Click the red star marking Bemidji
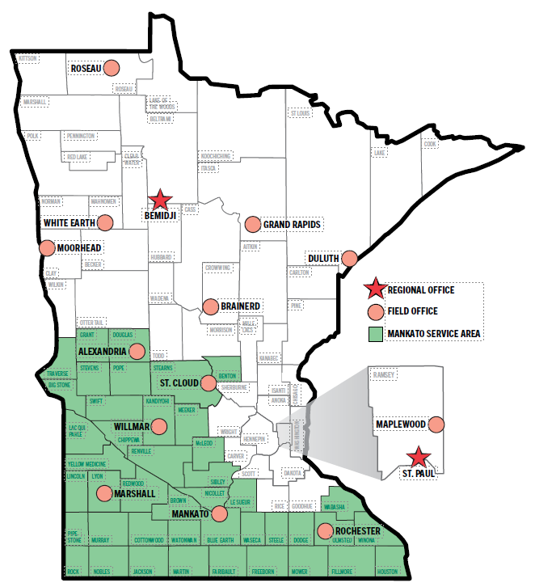(161, 199)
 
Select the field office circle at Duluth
(349, 258)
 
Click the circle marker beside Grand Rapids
(252, 224)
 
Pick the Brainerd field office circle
(210, 306)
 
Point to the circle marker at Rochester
(325, 531)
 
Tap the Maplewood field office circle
(437, 424)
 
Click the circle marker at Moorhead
(47, 248)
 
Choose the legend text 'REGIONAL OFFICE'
(420, 289)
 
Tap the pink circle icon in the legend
(373, 310)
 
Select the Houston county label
(388, 571)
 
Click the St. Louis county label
(300, 113)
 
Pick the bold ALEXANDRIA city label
(101, 353)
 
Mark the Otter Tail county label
(91, 322)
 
